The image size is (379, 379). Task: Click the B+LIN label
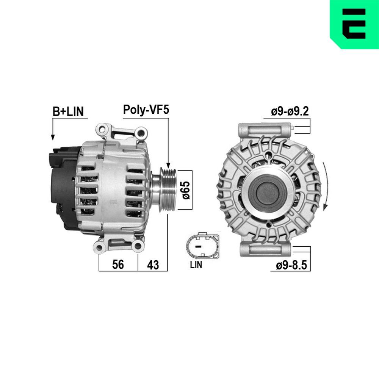coord(68,111)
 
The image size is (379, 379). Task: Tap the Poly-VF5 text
coord(146,110)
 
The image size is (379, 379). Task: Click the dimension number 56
coord(118,265)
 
